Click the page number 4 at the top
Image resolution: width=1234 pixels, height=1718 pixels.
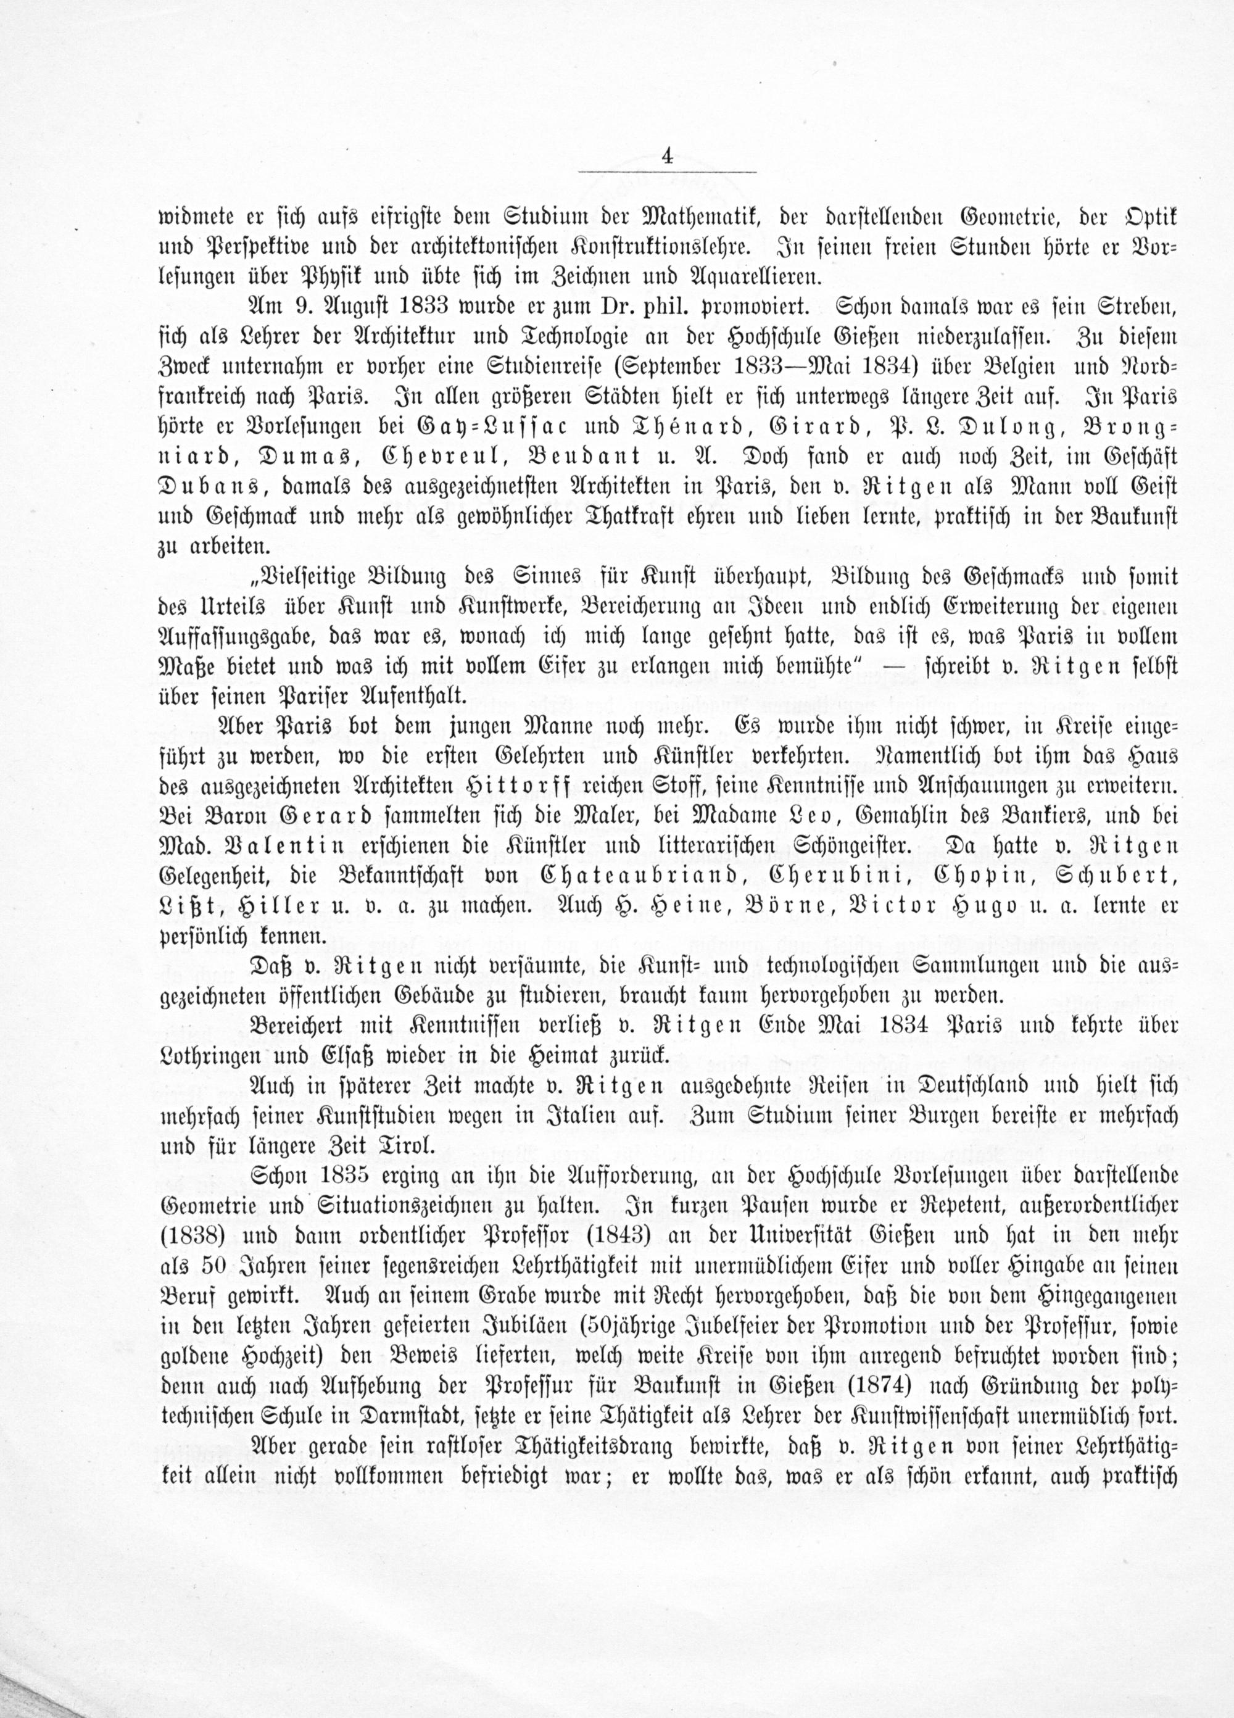click(x=666, y=157)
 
